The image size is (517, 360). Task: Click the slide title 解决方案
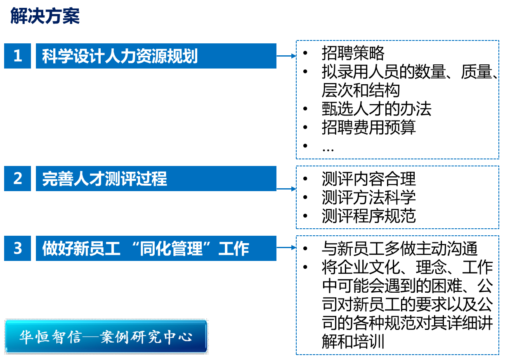tap(45, 17)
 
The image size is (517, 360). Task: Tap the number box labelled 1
tap(17, 56)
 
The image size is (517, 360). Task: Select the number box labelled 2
tap(17, 178)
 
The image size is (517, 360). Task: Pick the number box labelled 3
tap(17, 248)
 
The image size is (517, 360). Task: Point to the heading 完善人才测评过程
tap(104, 179)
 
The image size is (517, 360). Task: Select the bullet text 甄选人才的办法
tap(376, 109)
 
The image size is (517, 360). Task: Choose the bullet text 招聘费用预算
tap(368, 128)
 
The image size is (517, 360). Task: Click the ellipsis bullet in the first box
tap(328, 148)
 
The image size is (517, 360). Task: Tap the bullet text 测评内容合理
tap(368, 179)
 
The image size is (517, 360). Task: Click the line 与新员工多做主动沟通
tap(399, 249)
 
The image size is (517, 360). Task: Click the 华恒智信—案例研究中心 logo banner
tap(106, 336)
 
